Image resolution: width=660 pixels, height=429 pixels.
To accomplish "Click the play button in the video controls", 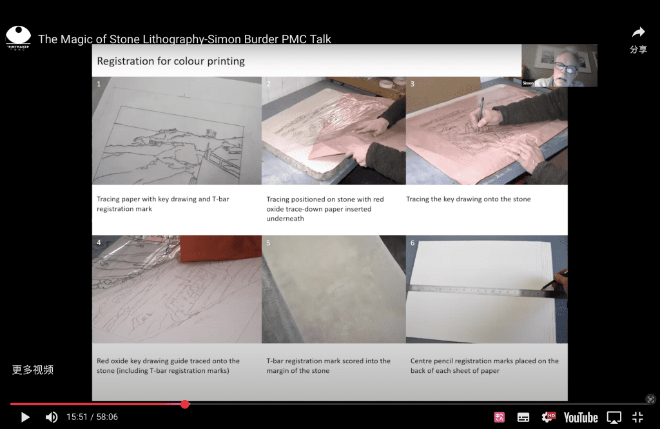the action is pyautogui.click(x=25, y=417).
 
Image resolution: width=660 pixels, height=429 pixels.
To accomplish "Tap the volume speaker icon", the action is pyautogui.click(x=52, y=417).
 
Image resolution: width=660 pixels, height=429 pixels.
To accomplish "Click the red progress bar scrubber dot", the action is pyautogui.click(x=185, y=404).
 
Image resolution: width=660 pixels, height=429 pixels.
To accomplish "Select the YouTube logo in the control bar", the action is pyautogui.click(x=581, y=417).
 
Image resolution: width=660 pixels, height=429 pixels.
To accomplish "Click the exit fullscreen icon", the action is pyautogui.click(x=637, y=417).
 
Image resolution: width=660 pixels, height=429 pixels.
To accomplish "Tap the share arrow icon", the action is pyautogui.click(x=639, y=32).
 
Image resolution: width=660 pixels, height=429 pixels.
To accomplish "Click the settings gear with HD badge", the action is pyautogui.click(x=548, y=417).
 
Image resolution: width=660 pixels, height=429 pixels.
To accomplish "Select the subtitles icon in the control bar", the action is pyautogui.click(x=523, y=417).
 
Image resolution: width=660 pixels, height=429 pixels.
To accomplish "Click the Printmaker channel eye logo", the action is pyautogui.click(x=18, y=37).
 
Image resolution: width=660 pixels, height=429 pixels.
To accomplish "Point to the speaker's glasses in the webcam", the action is pyautogui.click(x=565, y=66).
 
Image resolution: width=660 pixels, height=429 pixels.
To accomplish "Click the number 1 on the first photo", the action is pyautogui.click(x=99, y=84).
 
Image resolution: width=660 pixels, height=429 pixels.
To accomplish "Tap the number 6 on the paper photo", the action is pyautogui.click(x=412, y=243).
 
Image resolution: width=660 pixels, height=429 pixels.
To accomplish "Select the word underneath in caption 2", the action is pyautogui.click(x=285, y=219).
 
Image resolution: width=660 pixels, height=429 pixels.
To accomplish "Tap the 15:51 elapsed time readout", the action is pyautogui.click(x=77, y=417).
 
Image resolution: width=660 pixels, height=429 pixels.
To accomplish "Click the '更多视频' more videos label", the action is pyautogui.click(x=33, y=370).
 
